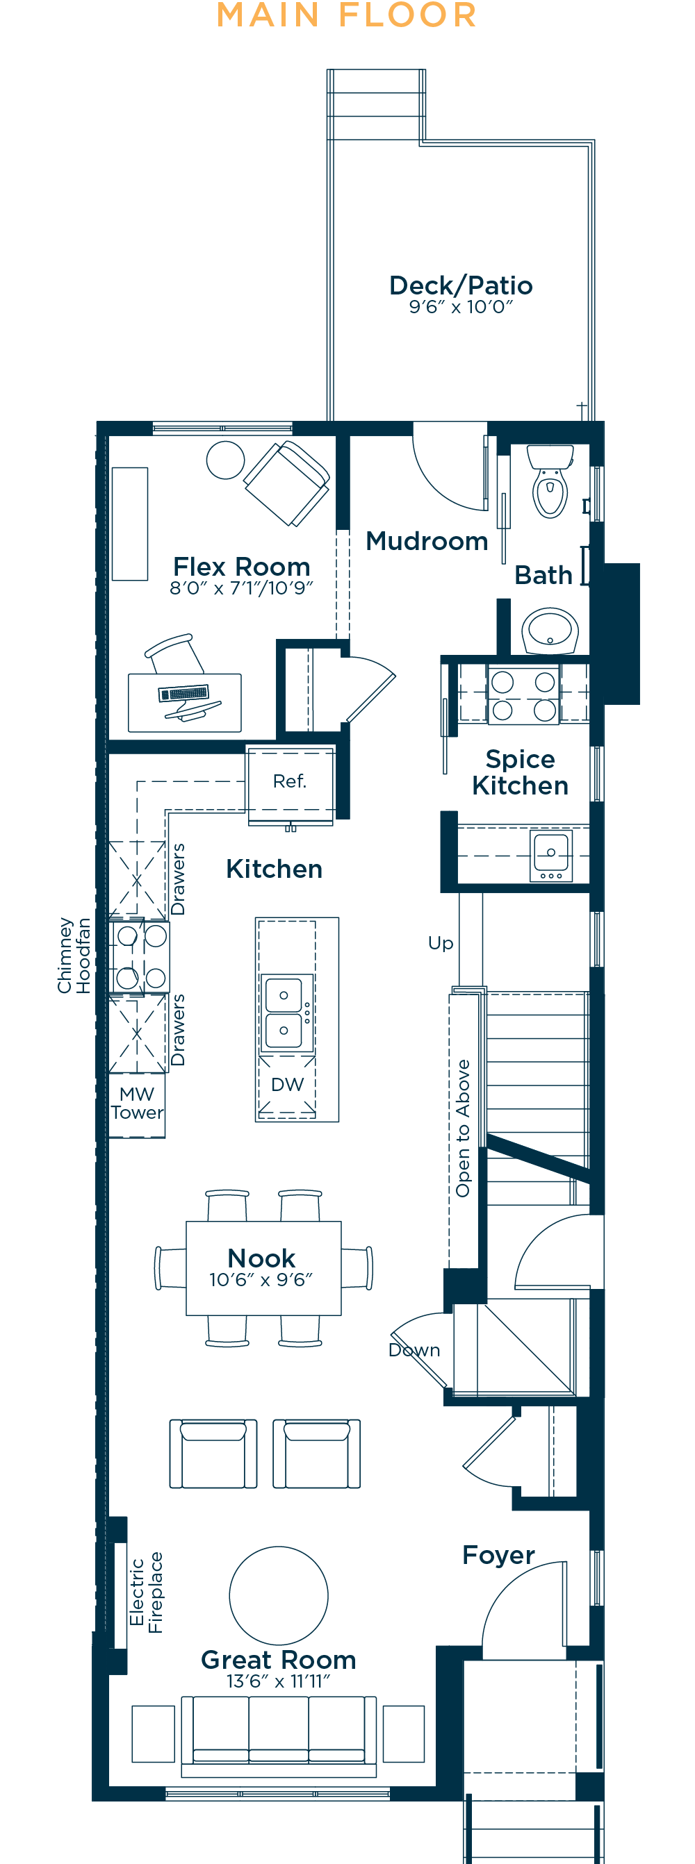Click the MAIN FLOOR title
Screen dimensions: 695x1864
(x=347, y=15)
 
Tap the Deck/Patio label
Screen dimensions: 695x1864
(x=461, y=285)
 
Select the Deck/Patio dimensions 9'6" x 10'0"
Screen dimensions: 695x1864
(x=461, y=307)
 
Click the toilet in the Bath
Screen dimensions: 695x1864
(x=550, y=481)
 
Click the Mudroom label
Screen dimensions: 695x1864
(x=427, y=540)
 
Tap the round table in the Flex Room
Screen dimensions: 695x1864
(x=225, y=460)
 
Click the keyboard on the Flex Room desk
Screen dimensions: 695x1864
(x=184, y=692)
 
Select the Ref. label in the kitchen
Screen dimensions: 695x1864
(x=290, y=781)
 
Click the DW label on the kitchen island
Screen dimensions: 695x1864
(x=288, y=1084)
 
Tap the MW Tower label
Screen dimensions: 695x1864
(x=137, y=1103)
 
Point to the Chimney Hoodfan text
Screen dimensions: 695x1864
(x=74, y=955)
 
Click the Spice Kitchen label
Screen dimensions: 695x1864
(x=521, y=772)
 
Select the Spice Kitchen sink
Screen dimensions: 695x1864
(x=551, y=856)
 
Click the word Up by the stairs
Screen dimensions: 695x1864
(x=441, y=944)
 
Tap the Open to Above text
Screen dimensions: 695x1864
(x=464, y=1128)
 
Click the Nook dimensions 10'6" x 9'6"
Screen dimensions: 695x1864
(x=261, y=1279)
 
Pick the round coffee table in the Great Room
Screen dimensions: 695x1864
(x=279, y=1595)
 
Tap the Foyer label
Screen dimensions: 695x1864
(x=499, y=1555)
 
